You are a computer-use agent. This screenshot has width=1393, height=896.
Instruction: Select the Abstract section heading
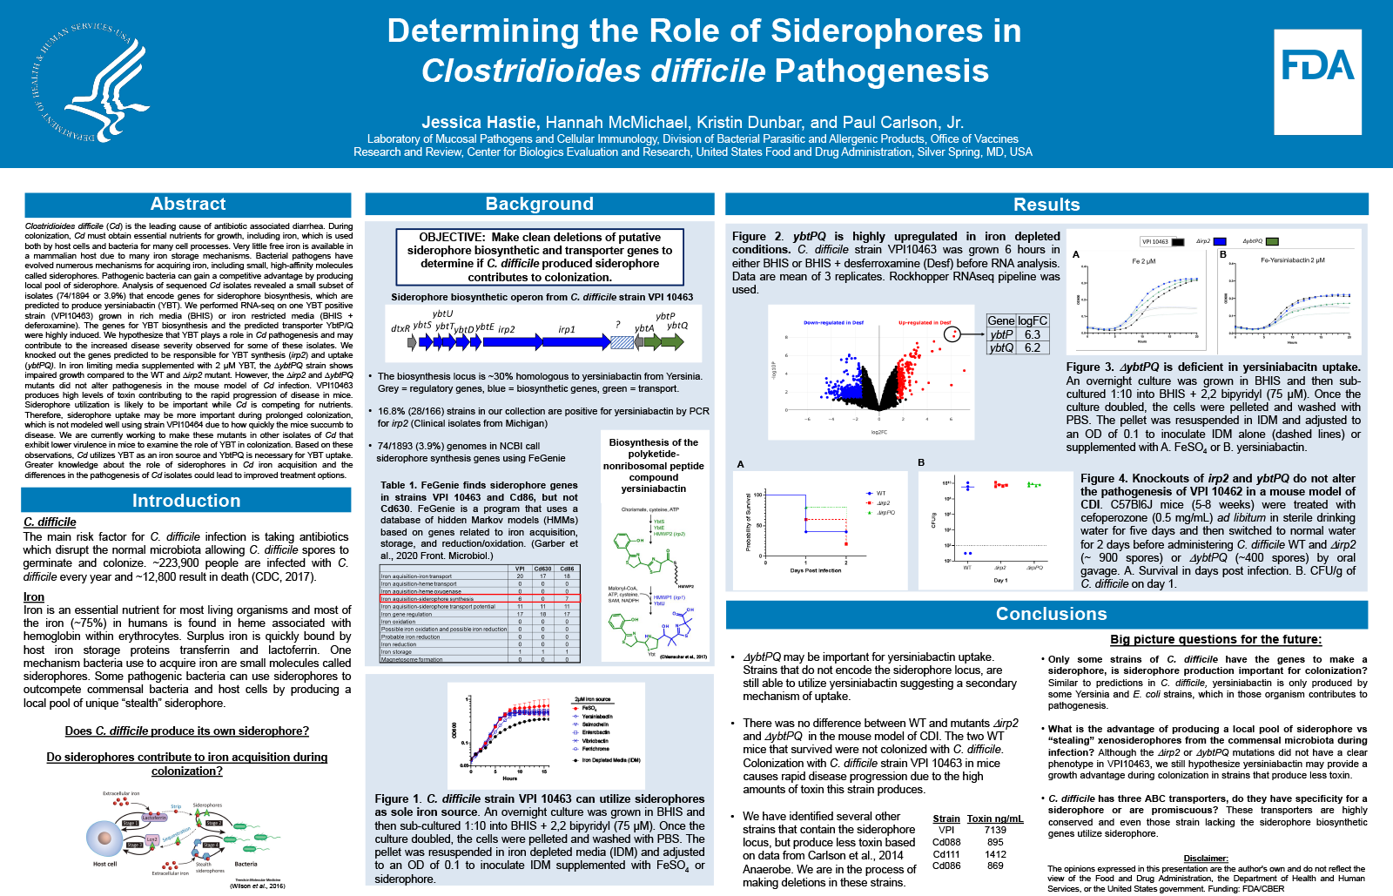pyautogui.click(x=188, y=204)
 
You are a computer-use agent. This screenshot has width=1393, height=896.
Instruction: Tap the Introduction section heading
pyautogui.click(x=186, y=501)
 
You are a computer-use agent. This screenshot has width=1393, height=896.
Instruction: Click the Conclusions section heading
pyautogui.click(x=1051, y=614)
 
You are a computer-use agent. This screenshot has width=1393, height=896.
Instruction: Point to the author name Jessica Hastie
pyautogui.click(x=480, y=123)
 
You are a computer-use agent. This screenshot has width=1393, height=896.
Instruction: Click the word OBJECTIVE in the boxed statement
pyautogui.click(x=452, y=237)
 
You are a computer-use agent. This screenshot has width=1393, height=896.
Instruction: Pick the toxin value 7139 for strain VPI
pyautogui.click(x=995, y=830)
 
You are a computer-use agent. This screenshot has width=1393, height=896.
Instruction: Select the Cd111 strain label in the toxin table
pyautogui.click(x=946, y=854)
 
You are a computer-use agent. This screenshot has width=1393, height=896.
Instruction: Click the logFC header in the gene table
pyautogui.click(x=1033, y=320)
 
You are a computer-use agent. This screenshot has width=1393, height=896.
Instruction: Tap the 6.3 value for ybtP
pyautogui.click(x=1033, y=334)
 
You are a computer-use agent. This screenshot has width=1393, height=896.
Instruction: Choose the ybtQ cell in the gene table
pyautogui.click(x=1001, y=347)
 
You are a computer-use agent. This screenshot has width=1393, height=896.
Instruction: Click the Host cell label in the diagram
pyautogui.click(x=104, y=864)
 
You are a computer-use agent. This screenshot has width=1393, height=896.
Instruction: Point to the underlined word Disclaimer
pyautogui.click(x=1206, y=859)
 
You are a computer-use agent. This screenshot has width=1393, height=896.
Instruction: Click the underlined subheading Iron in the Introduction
pyautogui.click(x=34, y=597)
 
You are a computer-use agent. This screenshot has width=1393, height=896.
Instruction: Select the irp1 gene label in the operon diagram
pyautogui.click(x=567, y=330)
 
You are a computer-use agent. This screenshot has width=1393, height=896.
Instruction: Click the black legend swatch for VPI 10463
pyautogui.click(x=1177, y=242)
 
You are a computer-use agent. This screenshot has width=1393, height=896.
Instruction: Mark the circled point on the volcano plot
pyautogui.click(x=953, y=334)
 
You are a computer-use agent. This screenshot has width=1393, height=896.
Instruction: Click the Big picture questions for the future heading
pyautogui.click(x=1215, y=639)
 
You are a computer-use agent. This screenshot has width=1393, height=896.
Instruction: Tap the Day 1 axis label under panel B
pyautogui.click(x=1000, y=580)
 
